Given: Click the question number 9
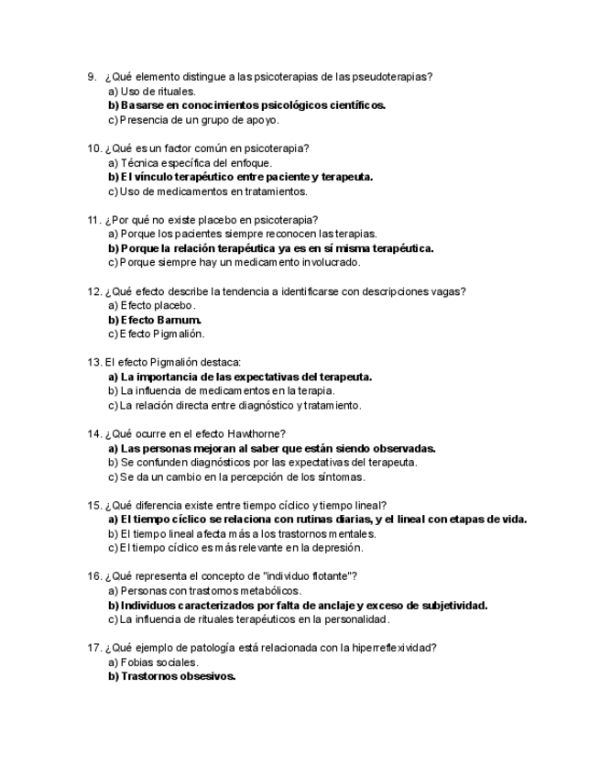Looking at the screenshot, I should click(91, 77).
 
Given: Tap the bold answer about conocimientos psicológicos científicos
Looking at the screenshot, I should click(247, 105).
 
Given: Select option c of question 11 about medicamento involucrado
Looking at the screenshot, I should click(235, 262).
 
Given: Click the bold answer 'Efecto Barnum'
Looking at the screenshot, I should click(155, 320).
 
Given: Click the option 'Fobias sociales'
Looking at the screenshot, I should click(153, 662).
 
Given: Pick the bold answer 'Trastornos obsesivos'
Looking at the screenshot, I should click(172, 676).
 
